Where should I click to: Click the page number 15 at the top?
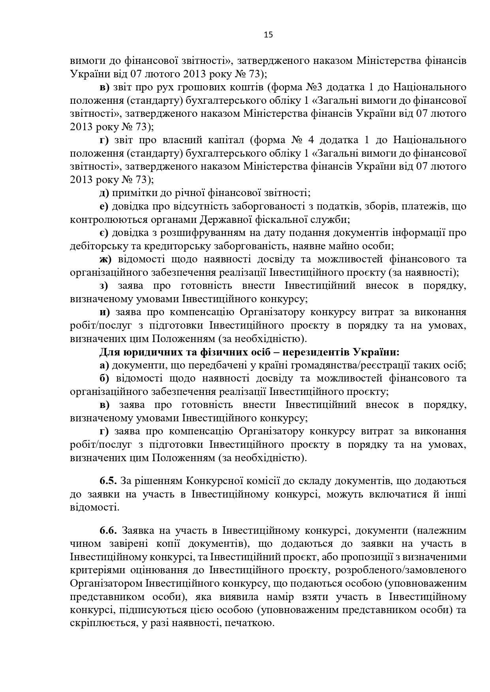coord(268,35)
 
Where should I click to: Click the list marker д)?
coord(104,193)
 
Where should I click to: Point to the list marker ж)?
coord(105,259)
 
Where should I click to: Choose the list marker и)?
coord(105,312)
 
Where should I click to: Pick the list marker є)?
coord(104,233)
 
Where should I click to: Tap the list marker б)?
coord(104,378)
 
